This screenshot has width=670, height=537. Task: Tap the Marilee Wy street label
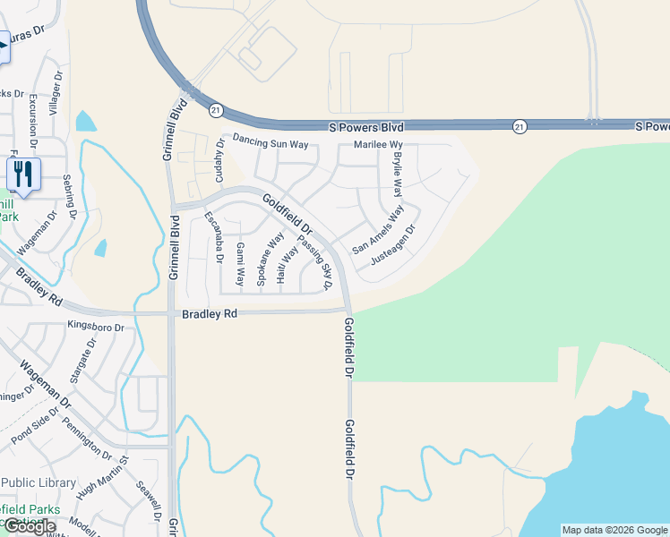pyautogui.click(x=378, y=145)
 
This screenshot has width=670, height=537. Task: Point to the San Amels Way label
pyautogui.click(x=378, y=230)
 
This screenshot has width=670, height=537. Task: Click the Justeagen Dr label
pyautogui.click(x=394, y=250)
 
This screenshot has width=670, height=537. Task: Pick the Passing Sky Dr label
pyautogui.click(x=314, y=262)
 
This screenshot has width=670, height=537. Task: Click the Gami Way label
pyautogui.click(x=239, y=263)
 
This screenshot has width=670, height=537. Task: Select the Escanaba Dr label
pyautogui.click(x=212, y=238)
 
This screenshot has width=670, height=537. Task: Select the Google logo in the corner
pyautogui.click(x=29, y=525)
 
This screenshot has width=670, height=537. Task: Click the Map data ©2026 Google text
pyautogui.click(x=614, y=530)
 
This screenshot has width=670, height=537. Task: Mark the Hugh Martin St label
pyautogui.click(x=104, y=480)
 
